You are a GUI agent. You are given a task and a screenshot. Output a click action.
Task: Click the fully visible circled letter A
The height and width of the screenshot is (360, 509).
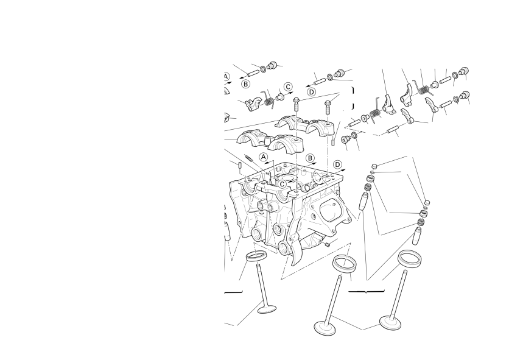coord(264,157)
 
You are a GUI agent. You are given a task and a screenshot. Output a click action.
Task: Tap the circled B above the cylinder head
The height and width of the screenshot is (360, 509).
coord(311,158)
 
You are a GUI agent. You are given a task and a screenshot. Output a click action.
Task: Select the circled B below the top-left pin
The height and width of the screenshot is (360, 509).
coord(246,84)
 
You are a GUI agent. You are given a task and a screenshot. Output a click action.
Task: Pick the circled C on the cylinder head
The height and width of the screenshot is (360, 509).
coord(282,184)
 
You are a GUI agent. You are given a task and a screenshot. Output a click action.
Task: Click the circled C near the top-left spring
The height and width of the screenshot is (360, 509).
coord(288,86)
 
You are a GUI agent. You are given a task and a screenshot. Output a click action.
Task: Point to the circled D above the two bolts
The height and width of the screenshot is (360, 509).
coord(311,92)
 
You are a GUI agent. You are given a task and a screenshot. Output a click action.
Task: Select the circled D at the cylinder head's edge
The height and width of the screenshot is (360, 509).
coord(337,164)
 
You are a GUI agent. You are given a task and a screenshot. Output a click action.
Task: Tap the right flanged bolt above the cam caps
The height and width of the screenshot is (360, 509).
coord(328,107)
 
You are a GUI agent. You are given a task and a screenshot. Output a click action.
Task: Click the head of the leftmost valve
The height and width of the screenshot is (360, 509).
coord(267,309)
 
